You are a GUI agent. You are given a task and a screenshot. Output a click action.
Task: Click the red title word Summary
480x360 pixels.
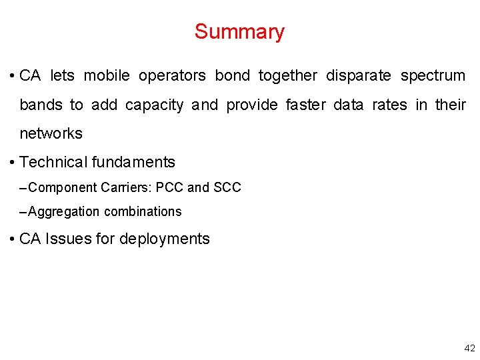[239, 31]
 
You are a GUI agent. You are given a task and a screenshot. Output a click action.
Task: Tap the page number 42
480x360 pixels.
[469, 348]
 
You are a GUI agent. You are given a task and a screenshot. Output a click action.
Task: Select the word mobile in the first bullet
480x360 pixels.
[107, 76]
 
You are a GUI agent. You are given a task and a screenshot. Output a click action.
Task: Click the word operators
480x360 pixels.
[173, 76]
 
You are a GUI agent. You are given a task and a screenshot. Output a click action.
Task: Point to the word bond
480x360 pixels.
[232, 76]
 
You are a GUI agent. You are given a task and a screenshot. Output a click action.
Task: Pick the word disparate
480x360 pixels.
[359, 76]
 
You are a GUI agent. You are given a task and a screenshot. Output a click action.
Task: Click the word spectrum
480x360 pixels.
[433, 76]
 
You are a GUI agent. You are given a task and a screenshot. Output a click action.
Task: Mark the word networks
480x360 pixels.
[51, 134]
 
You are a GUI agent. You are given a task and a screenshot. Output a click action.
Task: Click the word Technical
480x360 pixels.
[54, 162]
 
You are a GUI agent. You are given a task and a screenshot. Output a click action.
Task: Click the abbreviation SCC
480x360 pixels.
[227, 188]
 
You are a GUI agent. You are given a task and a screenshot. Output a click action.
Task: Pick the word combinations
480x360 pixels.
[143, 212]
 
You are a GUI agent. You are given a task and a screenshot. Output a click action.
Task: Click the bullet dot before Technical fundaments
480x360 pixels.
[13, 163]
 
